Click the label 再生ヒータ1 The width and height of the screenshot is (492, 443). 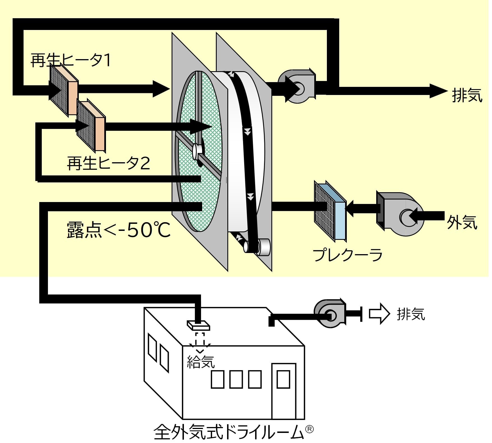[71, 60]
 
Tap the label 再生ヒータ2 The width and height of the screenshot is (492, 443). [108, 163]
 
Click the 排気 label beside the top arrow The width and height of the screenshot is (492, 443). [467, 95]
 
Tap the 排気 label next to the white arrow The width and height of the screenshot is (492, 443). [411, 314]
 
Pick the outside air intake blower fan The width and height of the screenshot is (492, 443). [399, 214]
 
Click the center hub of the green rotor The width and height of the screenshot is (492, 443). [197, 151]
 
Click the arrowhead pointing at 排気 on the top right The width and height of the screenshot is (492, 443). [438, 91]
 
